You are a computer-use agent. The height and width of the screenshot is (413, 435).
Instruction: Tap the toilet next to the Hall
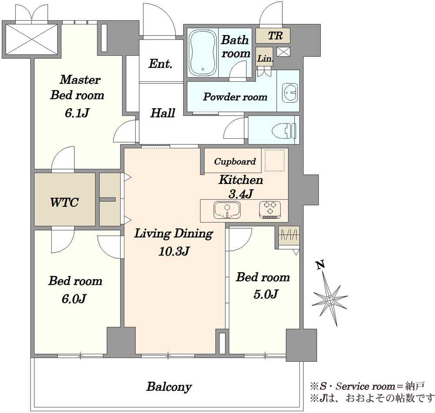click(x=284, y=130)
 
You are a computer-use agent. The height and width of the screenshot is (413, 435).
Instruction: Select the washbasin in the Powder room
click(x=290, y=92)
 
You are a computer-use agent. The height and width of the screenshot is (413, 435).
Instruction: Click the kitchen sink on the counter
click(x=227, y=210)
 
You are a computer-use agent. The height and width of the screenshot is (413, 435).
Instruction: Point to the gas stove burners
click(x=270, y=210)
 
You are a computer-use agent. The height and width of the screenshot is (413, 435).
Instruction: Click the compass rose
click(x=330, y=300)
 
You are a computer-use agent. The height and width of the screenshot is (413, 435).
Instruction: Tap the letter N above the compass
click(x=321, y=265)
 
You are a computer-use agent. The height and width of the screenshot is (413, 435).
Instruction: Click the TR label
click(x=275, y=36)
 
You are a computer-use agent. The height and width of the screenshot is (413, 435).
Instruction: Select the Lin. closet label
click(x=265, y=59)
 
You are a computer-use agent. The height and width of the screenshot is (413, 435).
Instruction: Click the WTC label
click(x=64, y=202)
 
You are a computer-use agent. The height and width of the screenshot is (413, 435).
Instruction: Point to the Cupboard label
click(x=235, y=161)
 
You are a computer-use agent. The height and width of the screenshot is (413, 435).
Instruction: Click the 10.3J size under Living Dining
click(x=174, y=251)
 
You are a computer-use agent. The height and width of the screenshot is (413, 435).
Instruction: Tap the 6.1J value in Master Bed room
click(x=77, y=113)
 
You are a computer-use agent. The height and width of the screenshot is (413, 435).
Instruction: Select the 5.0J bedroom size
click(x=265, y=294)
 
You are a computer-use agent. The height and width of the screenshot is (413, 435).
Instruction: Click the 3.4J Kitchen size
click(x=241, y=194)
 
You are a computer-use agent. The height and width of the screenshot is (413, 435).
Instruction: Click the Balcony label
click(x=169, y=387)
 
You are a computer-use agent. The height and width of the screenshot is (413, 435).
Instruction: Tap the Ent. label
click(x=161, y=64)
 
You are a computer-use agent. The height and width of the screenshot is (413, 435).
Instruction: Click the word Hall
click(x=163, y=113)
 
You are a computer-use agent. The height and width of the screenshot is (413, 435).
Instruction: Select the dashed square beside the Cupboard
click(x=274, y=160)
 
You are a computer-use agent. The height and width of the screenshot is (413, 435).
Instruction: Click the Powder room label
click(x=235, y=97)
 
